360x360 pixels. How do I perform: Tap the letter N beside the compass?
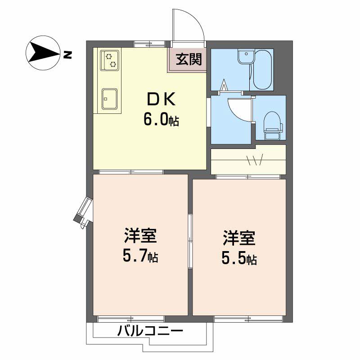tap(67, 55)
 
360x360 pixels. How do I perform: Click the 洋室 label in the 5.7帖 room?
tap(140, 236)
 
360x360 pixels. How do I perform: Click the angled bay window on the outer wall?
tap(84, 212)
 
